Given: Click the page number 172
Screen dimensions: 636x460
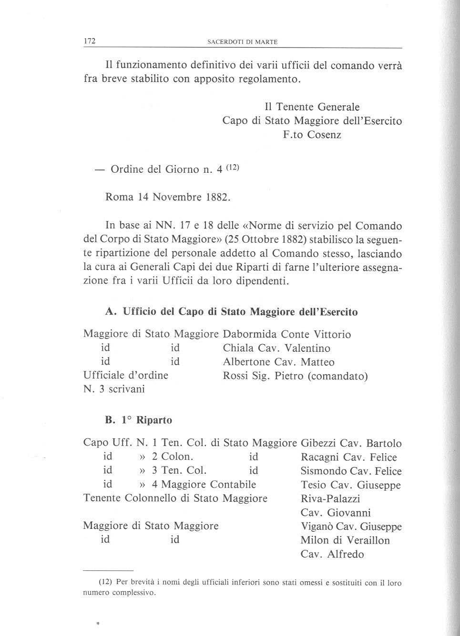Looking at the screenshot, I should coord(90,41).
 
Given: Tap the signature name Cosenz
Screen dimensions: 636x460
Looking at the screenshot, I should coord(324,135).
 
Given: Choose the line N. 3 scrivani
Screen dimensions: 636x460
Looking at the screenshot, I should coord(114,389).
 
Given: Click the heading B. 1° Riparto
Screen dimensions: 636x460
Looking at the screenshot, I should coord(139,420).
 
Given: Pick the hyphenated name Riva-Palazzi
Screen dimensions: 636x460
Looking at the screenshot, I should coord(330,499).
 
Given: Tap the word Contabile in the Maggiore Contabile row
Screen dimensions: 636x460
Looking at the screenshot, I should coord(233,485).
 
